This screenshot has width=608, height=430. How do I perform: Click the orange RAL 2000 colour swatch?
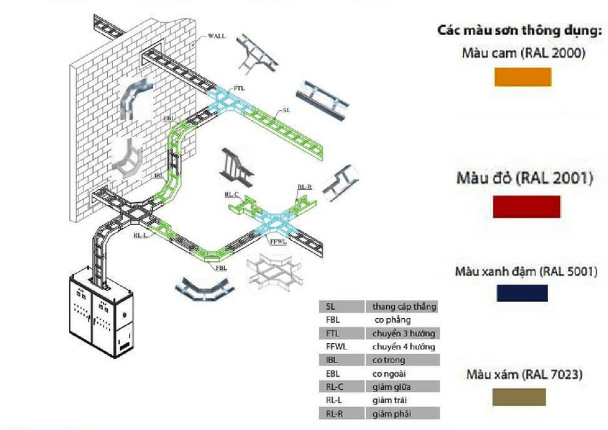click(522, 77)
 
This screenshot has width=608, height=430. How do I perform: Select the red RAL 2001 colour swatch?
click(526, 206)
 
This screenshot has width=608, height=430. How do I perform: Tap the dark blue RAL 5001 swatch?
click(522, 293)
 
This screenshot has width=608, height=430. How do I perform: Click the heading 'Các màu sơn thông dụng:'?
click(519, 30)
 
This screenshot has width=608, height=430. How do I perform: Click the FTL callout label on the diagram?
click(239, 87)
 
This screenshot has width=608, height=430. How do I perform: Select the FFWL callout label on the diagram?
click(278, 242)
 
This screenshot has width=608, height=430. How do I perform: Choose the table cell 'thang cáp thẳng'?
click(403, 307)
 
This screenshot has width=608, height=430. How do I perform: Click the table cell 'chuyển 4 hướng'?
click(403, 347)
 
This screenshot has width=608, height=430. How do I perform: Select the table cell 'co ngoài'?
click(389, 374)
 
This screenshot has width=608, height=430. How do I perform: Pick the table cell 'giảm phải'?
click(391, 413)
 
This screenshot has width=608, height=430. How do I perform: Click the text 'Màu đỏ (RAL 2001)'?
click(525, 178)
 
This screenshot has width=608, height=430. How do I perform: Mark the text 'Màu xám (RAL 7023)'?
click(524, 374)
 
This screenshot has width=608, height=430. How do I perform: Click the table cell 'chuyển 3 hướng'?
click(403, 333)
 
